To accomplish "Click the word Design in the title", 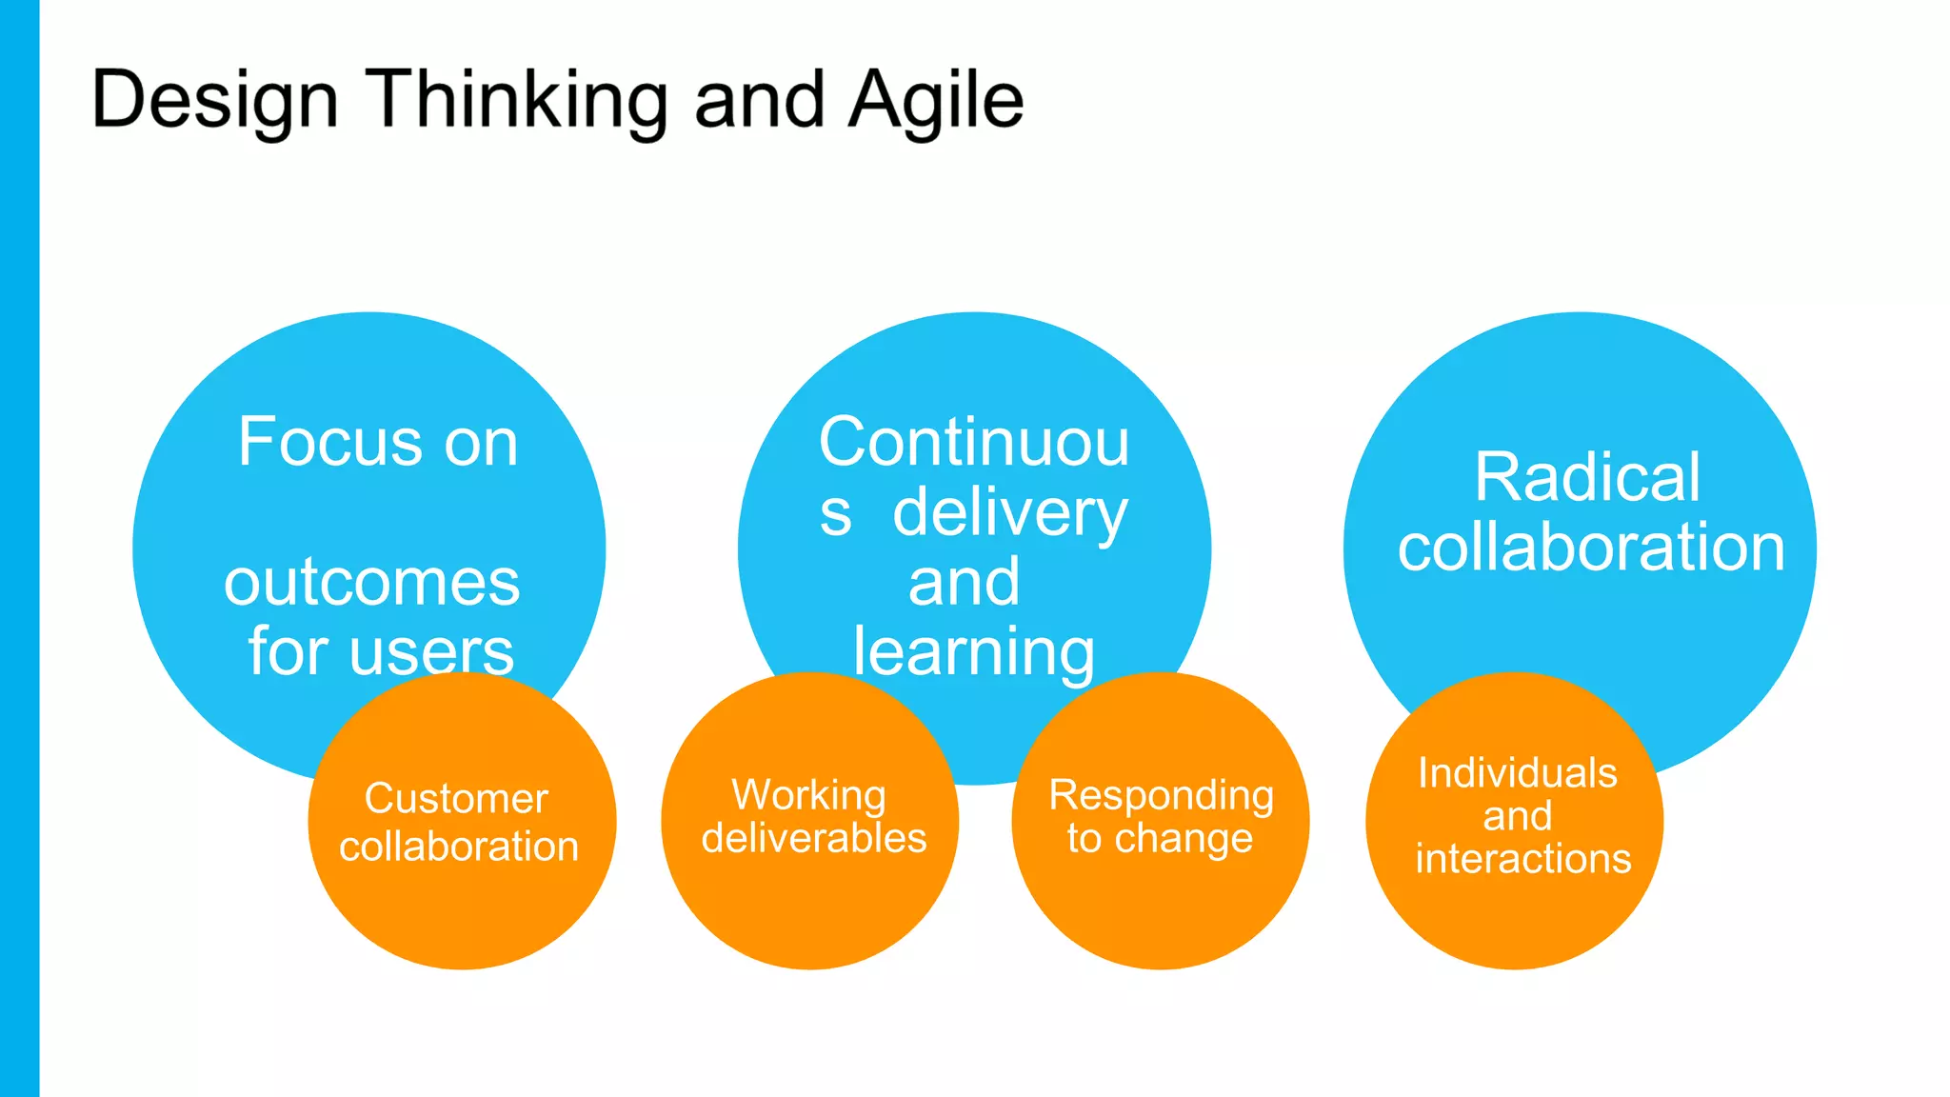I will [214, 101].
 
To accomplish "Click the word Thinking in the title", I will [516, 101].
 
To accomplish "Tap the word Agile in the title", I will [936, 101].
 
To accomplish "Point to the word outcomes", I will [371, 583].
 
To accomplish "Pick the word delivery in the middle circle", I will [1009, 514].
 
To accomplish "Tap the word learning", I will [974, 653].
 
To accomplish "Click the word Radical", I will [1587, 477].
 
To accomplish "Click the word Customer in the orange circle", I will [456, 798].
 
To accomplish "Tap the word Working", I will [808, 795].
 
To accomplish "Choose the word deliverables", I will [814, 838].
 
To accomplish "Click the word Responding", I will [1161, 795].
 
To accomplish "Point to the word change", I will [1184, 839].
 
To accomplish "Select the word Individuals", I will [1518, 772].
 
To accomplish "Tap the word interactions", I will [1522, 859].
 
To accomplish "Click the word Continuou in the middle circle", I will [974, 443].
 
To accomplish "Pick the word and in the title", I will [759, 101].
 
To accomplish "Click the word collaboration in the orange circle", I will [459, 847].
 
